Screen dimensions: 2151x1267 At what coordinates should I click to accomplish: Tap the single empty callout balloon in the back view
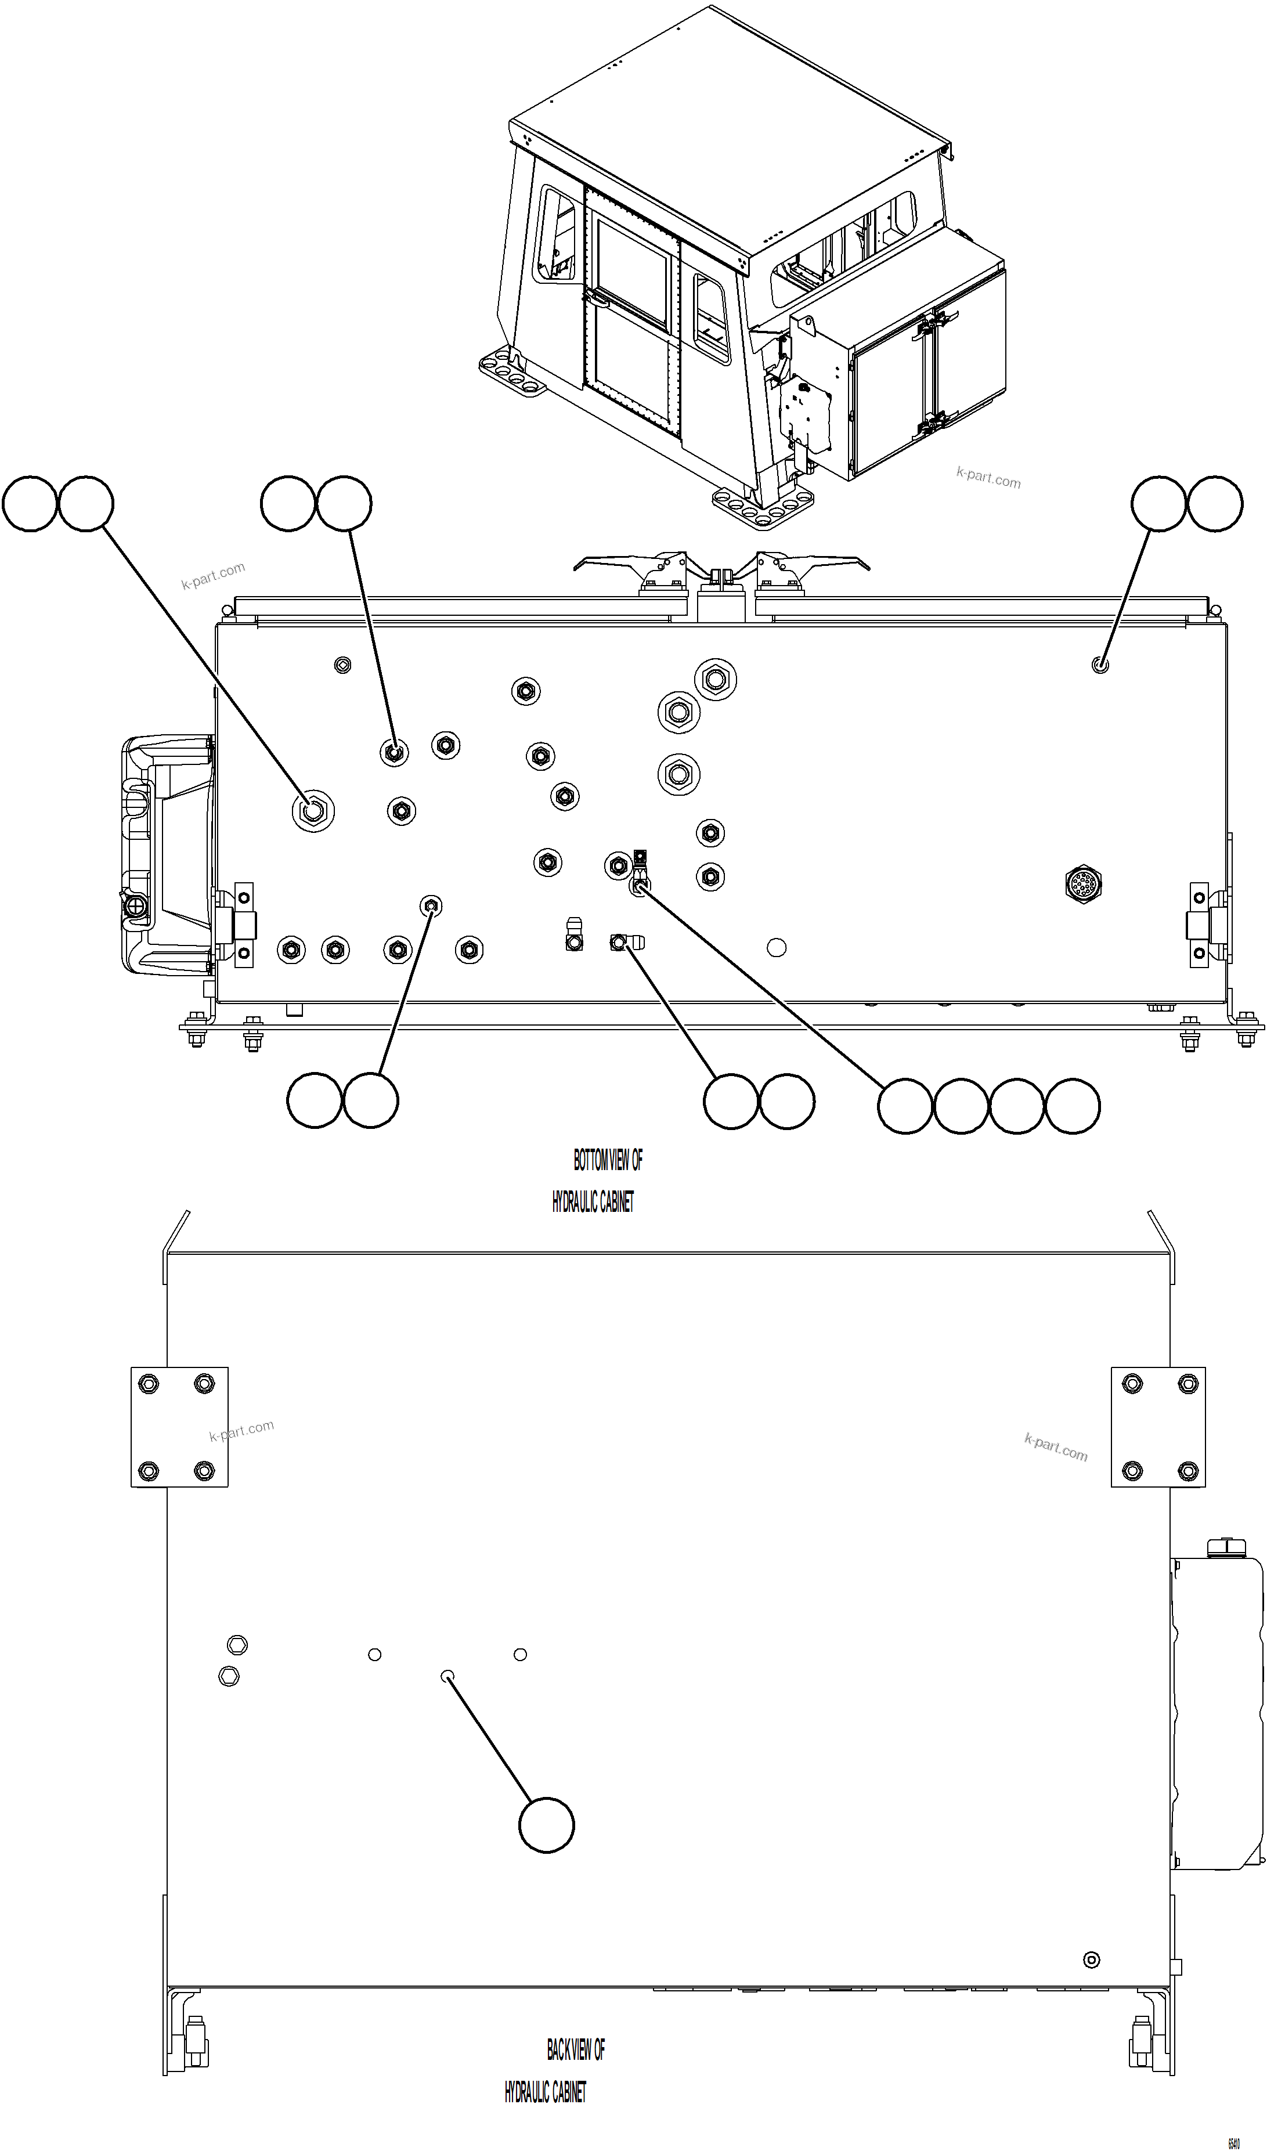coord(546,1825)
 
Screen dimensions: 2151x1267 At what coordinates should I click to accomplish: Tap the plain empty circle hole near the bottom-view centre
coord(776,947)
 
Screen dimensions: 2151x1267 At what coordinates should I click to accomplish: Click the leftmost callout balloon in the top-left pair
coord(31,504)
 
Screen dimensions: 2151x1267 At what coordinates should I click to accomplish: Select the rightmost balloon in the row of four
coord(1073,1106)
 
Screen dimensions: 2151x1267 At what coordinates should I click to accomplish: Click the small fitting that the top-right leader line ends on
coord(1100,665)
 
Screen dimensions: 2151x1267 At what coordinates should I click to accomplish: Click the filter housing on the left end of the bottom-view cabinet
coord(167,854)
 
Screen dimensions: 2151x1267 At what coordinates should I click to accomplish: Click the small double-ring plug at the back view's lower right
coord(1091,1960)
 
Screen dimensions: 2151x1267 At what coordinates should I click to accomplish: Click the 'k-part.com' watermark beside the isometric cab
coord(988,478)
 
